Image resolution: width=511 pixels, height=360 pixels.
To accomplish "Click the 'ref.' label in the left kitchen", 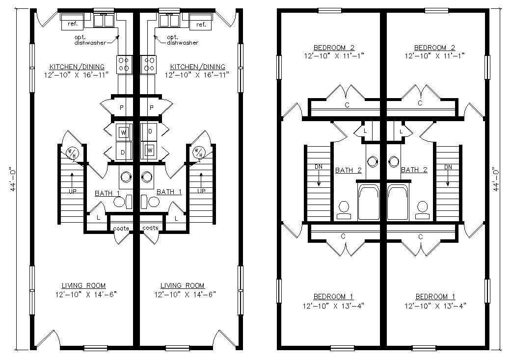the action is [x=72, y=24].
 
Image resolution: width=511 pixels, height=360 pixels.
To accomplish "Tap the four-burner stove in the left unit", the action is [x=124, y=64].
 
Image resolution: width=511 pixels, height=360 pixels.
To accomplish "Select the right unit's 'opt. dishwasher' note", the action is [x=183, y=40].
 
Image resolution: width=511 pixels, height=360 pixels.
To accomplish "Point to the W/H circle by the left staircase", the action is [x=71, y=153].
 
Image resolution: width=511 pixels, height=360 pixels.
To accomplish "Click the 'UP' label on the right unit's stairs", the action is [x=201, y=191].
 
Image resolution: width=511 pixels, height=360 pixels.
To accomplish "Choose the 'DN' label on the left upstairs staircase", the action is [x=319, y=167].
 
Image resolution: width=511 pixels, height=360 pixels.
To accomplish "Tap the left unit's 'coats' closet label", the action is [x=121, y=229].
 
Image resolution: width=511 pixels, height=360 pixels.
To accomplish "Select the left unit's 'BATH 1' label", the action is [x=107, y=193].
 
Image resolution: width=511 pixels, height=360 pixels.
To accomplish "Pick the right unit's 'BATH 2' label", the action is [x=414, y=170].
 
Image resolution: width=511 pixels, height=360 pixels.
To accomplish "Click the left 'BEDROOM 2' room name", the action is [x=334, y=48].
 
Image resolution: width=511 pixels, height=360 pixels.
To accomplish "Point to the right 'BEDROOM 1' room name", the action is [x=435, y=297].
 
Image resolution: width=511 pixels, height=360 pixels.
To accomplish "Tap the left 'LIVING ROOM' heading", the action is [x=84, y=285].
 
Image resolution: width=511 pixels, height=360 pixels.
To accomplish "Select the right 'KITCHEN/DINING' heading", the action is [x=198, y=67].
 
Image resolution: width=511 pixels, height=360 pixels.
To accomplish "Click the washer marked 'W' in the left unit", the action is [x=124, y=132].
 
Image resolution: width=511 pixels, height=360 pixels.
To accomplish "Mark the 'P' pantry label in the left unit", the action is [x=122, y=107].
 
